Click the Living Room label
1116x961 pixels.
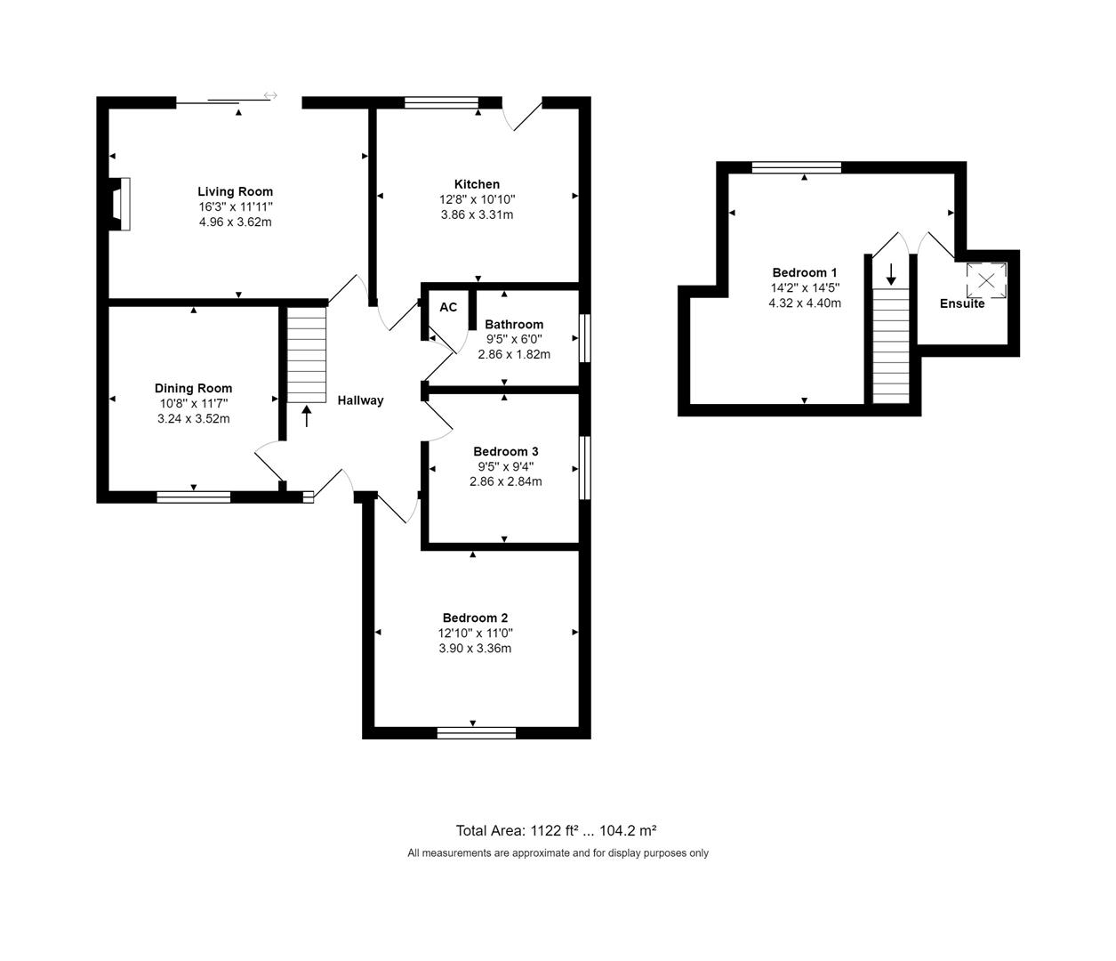[235, 191]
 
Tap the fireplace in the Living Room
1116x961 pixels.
[119, 205]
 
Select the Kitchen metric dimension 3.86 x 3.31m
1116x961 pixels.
[477, 214]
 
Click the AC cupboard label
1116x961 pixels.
[448, 307]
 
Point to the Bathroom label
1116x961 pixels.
[514, 324]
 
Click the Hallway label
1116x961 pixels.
[360, 400]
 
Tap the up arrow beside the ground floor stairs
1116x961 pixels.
[307, 416]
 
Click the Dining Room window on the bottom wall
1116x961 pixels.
[194, 497]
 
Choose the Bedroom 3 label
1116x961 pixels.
[505, 451]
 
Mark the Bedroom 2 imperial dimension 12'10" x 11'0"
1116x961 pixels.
[475, 633]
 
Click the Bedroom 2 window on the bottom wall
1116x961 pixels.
[476, 732]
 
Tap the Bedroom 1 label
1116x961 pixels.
[804, 272]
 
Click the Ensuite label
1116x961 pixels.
[962, 303]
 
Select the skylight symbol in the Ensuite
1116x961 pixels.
[986, 280]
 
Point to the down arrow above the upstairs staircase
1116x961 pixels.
[891, 274]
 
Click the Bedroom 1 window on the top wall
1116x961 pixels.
[796, 167]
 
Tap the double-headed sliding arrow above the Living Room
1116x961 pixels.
[270, 95]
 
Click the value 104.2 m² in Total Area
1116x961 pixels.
[628, 830]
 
